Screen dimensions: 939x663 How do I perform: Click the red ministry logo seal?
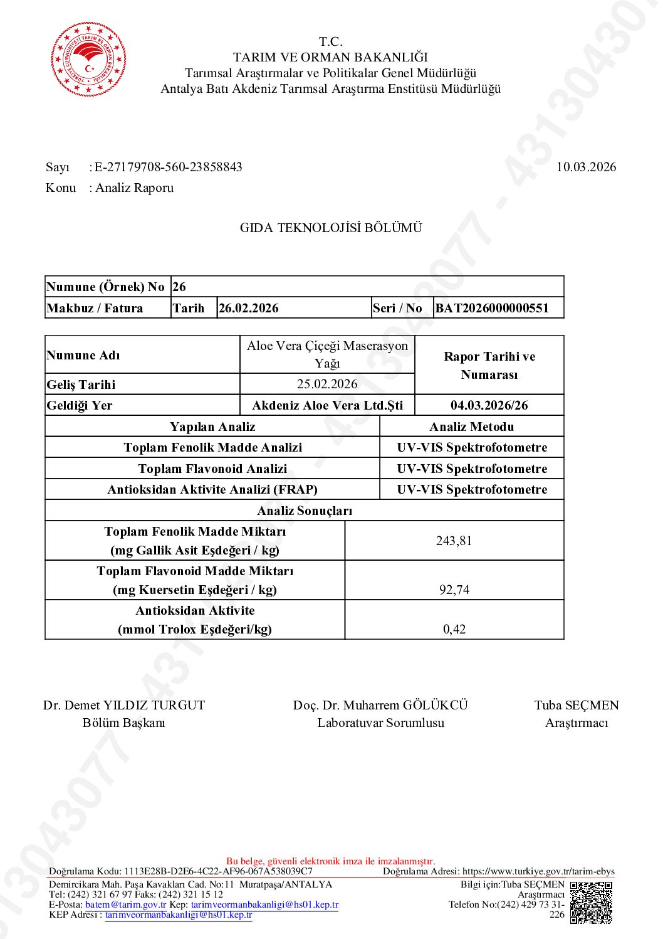(88, 59)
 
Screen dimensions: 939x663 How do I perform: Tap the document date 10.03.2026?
(586, 167)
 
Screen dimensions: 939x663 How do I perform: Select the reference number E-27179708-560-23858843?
(168, 167)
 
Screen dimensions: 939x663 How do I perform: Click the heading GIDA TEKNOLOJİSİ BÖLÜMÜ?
(331, 228)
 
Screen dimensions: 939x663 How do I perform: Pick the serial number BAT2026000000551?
(492, 308)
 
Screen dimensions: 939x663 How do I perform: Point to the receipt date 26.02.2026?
(248, 308)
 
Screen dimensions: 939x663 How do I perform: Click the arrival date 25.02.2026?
(327, 384)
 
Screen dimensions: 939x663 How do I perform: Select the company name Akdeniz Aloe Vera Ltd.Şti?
(327, 405)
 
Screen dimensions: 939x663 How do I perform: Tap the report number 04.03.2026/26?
(489, 405)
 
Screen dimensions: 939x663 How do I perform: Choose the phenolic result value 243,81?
(454, 541)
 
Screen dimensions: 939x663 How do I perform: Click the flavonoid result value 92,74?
(454, 590)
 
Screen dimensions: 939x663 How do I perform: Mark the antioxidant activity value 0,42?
(454, 629)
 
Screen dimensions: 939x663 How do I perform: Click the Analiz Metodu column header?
(471, 427)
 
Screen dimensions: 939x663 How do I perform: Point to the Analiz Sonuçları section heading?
(305, 511)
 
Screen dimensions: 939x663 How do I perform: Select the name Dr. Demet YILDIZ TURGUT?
(124, 705)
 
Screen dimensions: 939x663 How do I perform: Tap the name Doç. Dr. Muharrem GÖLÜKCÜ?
(380, 705)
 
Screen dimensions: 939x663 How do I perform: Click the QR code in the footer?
(591, 902)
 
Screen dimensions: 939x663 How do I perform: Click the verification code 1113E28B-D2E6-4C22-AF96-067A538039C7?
(218, 871)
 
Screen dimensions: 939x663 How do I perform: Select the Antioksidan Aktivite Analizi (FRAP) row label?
(212, 489)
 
